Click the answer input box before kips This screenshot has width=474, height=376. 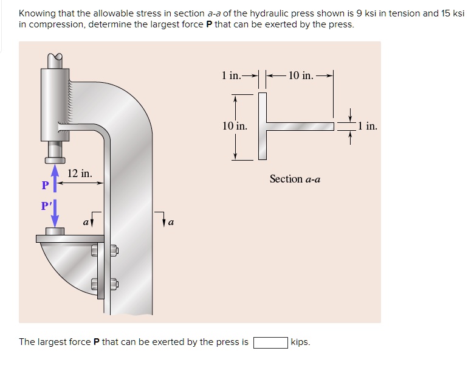point(270,342)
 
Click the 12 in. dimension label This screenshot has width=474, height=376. point(80,173)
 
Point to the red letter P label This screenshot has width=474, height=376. point(44,185)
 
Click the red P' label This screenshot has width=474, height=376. point(46,206)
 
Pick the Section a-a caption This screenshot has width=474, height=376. point(295,179)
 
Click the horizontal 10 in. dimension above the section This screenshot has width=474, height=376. point(300,76)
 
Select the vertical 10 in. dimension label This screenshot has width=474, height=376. point(235,126)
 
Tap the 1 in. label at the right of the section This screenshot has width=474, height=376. point(368,127)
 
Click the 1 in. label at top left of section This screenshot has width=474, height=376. point(231,76)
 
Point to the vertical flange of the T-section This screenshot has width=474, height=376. point(263,126)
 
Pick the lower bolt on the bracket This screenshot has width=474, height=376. point(113,284)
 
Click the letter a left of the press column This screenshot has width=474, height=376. point(86,223)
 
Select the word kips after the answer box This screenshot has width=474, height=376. point(300,342)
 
